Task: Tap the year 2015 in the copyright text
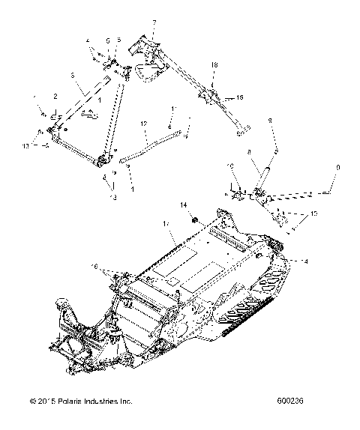click(x=47, y=411)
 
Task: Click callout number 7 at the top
click(x=154, y=24)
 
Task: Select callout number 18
click(x=214, y=66)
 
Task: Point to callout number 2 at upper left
click(x=55, y=97)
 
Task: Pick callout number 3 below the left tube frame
click(x=114, y=197)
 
